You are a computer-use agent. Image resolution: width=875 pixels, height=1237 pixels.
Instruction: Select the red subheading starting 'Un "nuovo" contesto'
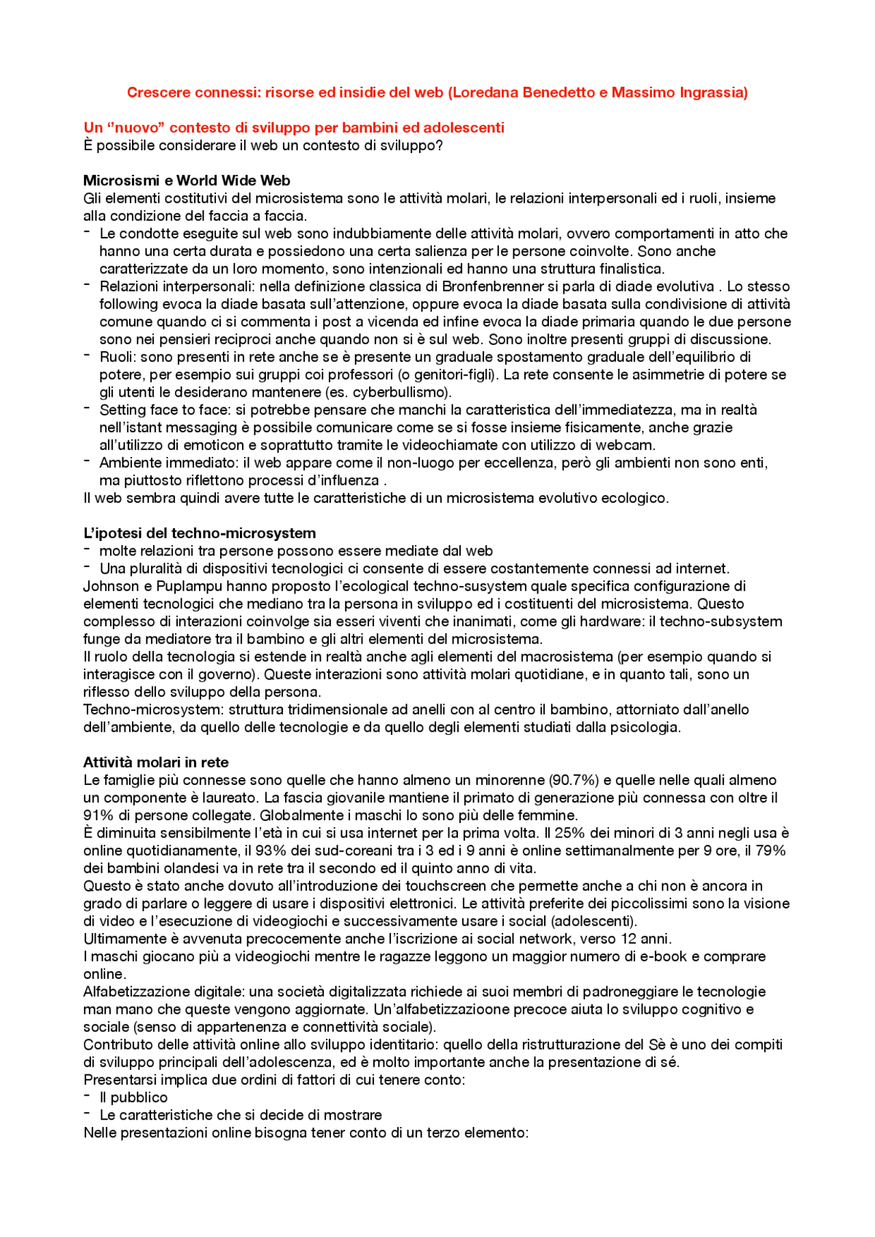pos(294,128)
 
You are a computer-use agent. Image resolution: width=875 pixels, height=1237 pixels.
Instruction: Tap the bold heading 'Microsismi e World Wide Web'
pos(187,180)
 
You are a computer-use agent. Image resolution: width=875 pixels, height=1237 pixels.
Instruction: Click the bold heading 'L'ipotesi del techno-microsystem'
pos(200,533)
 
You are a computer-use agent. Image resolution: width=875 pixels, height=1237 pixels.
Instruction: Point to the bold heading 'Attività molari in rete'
pos(156,762)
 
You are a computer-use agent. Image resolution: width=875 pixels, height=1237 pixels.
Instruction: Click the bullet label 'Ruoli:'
pos(118,357)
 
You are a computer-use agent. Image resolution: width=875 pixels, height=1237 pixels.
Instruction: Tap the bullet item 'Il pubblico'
pos(133,1097)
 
